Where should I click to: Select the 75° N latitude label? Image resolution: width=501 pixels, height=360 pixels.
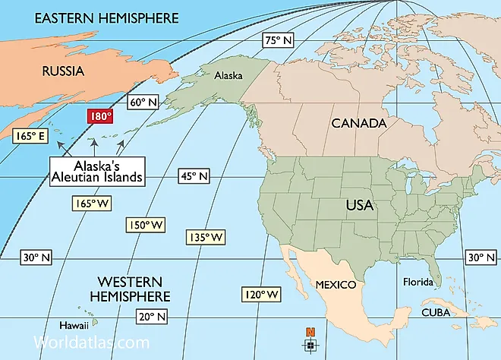click(x=278, y=40)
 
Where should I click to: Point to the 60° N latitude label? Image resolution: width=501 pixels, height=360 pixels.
click(x=143, y=102)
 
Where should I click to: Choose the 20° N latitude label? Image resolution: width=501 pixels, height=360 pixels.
click(x=152, y=316)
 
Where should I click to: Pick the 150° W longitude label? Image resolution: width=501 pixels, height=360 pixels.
click(x=145, y=225)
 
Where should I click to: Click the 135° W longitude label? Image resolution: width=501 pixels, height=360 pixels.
click(x=205, y=238)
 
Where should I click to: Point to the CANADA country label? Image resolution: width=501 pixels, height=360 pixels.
click(x=358, y=122)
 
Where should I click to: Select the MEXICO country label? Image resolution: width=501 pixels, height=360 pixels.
click(x=336, y=284)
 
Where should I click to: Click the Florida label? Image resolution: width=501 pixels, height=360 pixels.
click(x=417, y=283)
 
